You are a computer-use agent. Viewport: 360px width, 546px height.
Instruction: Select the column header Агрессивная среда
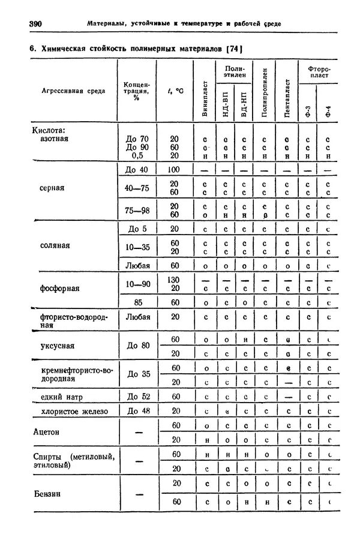(73, 91)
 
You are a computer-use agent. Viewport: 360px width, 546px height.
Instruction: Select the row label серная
(52, 188)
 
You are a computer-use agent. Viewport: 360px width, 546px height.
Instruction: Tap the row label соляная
(55, 246)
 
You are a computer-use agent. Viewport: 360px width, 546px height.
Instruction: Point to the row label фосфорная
(59, 289)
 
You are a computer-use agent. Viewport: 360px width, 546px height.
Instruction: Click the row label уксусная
(57, 346)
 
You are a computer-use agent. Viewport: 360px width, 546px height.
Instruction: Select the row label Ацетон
(47, 433)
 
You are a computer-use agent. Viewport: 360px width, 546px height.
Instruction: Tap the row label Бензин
(47, 494)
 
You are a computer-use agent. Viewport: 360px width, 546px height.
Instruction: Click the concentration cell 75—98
(137, 210)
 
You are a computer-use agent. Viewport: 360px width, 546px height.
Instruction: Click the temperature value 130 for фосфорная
(174, 280)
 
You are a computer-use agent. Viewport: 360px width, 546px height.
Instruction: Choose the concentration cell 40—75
(137, 188)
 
